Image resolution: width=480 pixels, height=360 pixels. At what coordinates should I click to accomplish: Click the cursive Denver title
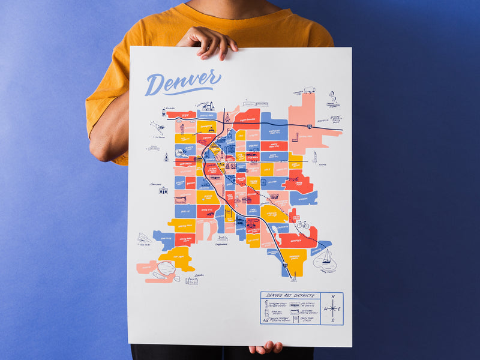(182, 82)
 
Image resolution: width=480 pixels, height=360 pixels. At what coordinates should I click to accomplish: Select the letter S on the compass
(332, 320)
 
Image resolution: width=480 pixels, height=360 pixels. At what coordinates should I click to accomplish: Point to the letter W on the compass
(325, 309)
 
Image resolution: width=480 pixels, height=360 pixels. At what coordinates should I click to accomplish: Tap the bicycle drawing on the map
(302, 225)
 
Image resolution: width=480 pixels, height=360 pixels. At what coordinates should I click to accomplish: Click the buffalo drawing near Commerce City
(310, 91)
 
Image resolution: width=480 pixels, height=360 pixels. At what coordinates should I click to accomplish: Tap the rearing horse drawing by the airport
(332, 96)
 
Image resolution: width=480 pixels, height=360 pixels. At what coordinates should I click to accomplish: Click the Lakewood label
(155, 184)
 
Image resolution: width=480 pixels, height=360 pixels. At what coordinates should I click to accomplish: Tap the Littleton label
(199, 275)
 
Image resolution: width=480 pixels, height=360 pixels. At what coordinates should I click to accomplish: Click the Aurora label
(322, 164)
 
